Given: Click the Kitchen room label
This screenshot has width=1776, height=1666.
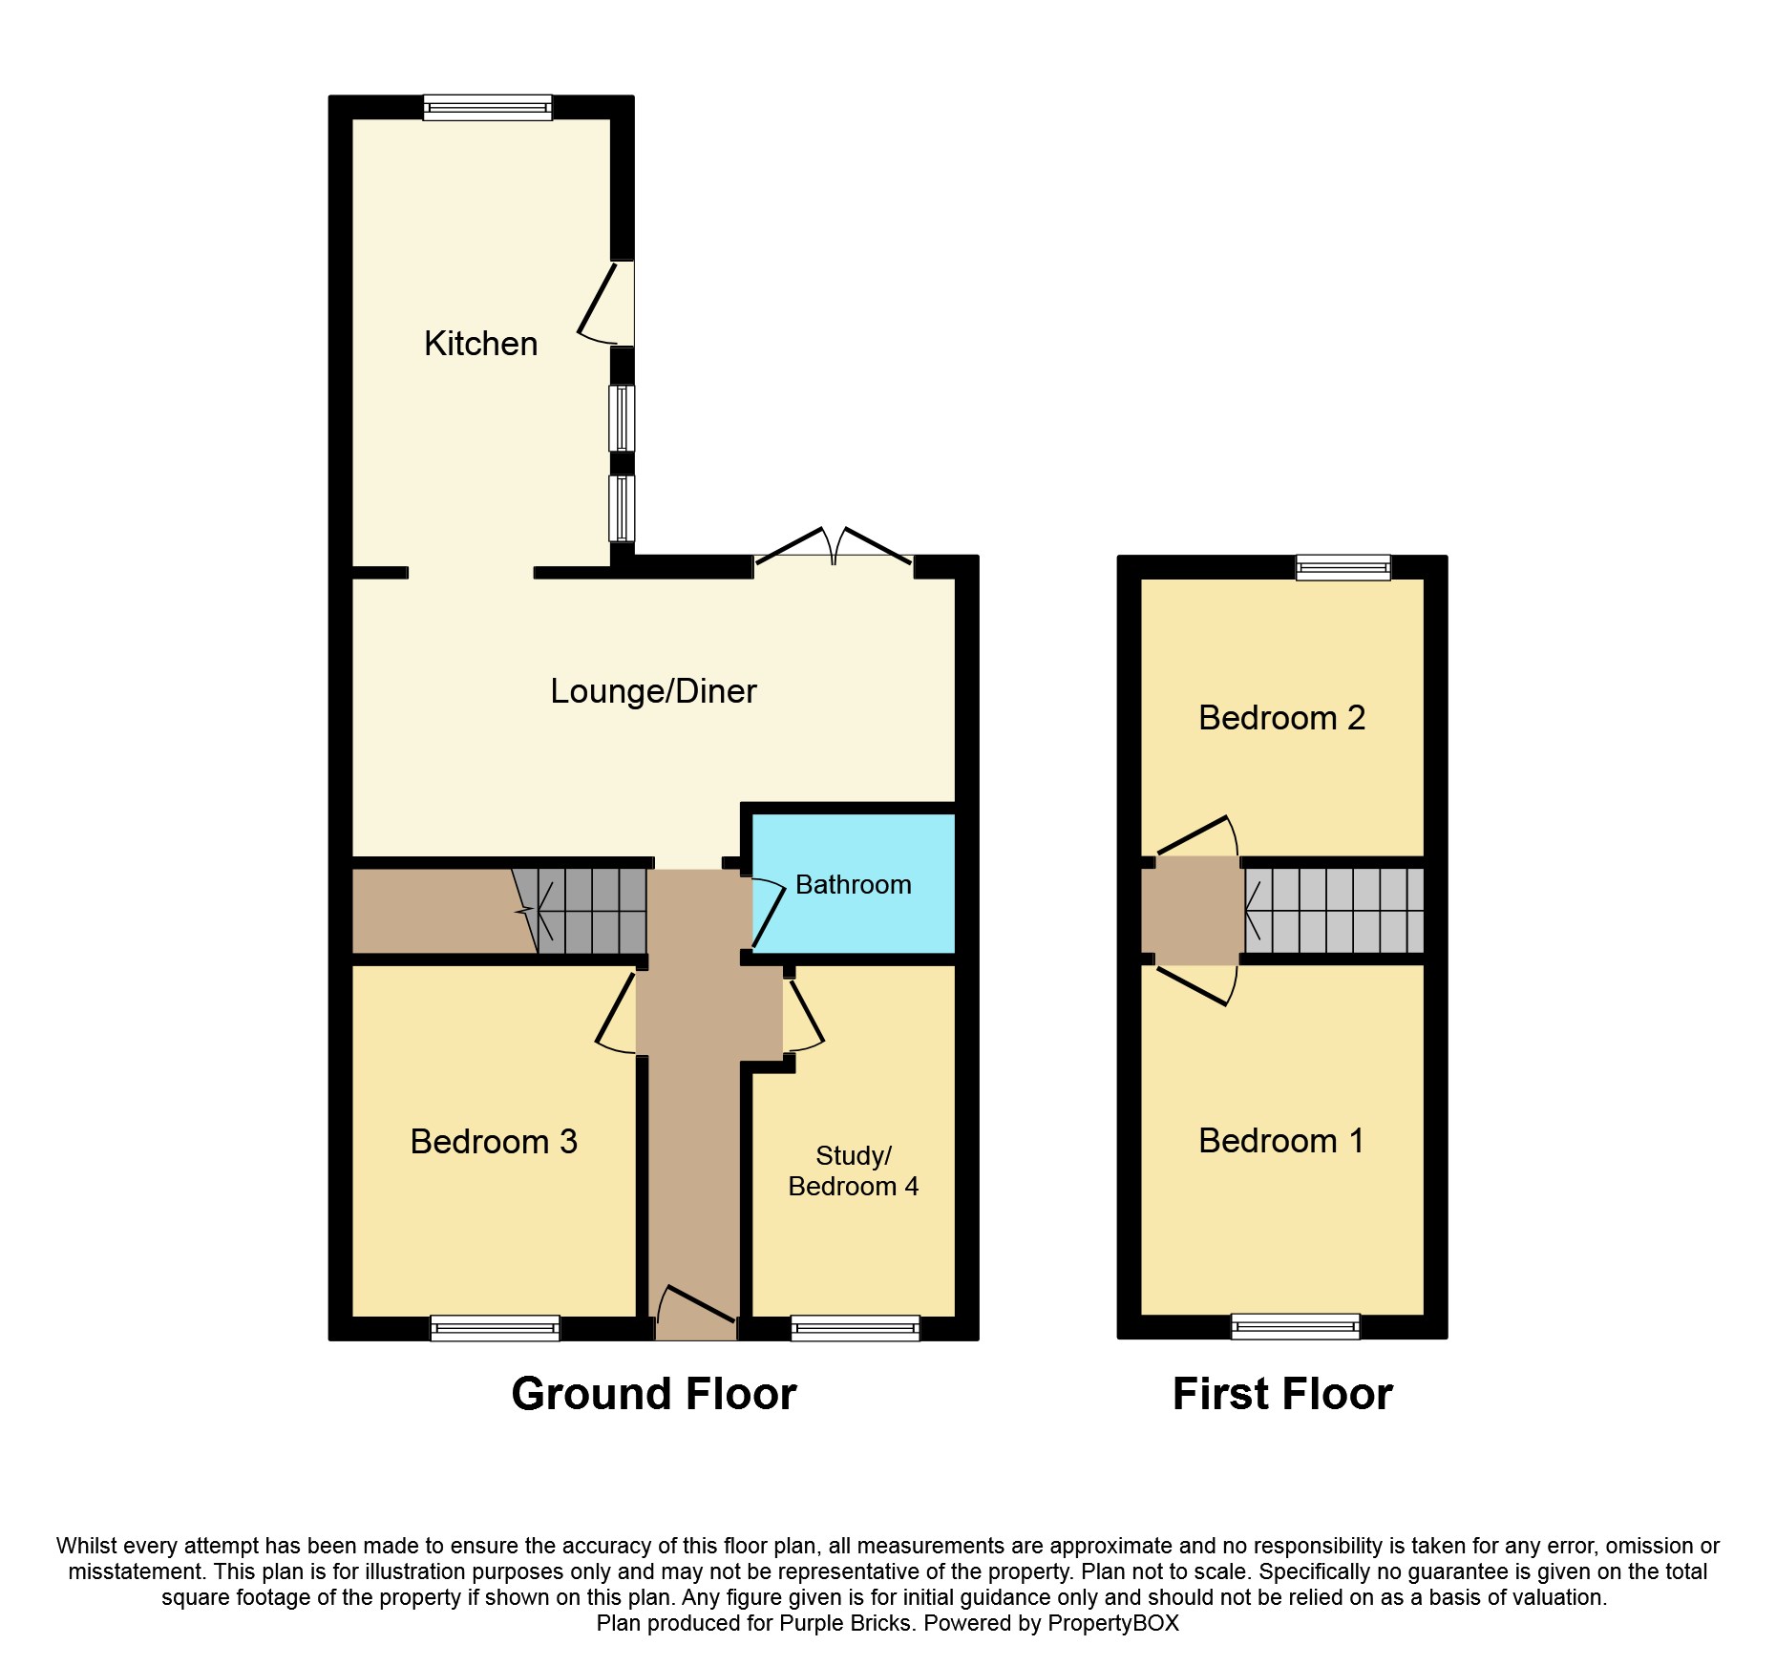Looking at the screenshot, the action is [480, 344].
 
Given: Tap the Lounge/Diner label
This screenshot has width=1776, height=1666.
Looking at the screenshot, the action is [653, 691].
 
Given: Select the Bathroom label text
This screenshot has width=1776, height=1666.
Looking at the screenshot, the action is [853, 885].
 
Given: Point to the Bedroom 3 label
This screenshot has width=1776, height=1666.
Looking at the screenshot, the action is [494, 1142].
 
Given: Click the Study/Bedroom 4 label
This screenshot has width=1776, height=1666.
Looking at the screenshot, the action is [853, 1171].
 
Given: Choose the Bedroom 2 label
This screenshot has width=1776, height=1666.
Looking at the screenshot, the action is [1281, 718].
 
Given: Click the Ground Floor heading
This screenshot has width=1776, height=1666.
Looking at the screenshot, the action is [654, 1394].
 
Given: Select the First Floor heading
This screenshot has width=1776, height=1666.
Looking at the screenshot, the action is [1282, 1394].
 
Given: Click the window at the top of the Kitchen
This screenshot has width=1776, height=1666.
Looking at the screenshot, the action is [488, 107].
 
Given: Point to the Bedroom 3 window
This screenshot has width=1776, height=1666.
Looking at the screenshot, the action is [495, 1328].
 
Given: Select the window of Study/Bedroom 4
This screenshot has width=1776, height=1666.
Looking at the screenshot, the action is [856, 1328].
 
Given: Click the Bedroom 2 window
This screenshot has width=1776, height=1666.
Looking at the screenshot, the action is [1343, 568].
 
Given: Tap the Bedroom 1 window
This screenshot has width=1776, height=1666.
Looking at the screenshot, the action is [1295, 1326].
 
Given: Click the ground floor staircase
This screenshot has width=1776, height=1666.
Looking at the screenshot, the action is [580, 911].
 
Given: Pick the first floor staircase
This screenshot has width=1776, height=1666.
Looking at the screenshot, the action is [1334, 910].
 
